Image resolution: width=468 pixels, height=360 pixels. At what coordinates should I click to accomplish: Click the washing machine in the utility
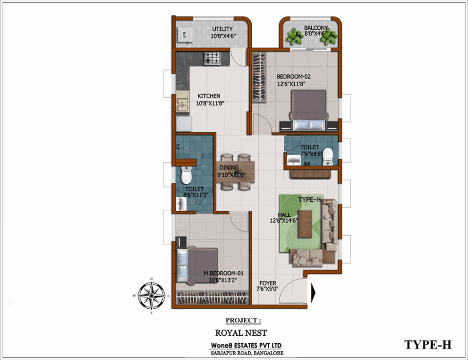(x=185, y=36)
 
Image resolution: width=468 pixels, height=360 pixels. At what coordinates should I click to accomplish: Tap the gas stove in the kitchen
(x=212, y=58)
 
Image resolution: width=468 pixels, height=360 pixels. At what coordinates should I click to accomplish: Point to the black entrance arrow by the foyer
(x=313, y=293)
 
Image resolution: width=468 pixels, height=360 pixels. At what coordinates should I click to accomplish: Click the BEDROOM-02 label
(x=294, y=77)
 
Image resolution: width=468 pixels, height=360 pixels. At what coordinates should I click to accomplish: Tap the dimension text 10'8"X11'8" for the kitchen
(x=210, y=104)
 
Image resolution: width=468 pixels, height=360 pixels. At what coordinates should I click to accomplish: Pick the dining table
(x=236, y=172)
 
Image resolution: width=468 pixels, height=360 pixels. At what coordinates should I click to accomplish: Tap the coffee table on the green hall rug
(x=305, y=224)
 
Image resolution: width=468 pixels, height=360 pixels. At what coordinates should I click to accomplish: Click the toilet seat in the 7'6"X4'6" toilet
(x=327, y=156)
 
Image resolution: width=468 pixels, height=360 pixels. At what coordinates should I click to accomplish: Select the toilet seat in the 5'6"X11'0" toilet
(x=186, y=175)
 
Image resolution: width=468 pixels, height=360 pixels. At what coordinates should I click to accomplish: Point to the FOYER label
(x=268, y=283)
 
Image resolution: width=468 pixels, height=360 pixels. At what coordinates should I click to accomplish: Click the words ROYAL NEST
(x=241, y=333)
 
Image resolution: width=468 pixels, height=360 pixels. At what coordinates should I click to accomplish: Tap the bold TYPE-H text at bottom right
(x=428, y=344)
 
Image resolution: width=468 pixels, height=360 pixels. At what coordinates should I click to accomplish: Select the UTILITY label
(x=223, y=29)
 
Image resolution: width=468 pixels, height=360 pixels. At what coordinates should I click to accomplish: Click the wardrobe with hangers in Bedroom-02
(x=259, y=78)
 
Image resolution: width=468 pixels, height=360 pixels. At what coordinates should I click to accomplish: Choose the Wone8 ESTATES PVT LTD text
(x=246, y=345)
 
